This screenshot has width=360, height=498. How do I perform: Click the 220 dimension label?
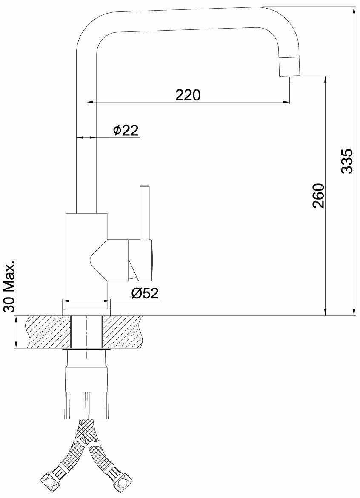[188, 94]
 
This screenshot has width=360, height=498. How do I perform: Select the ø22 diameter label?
[126, 130]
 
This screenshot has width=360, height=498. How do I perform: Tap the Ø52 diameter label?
[145, 293]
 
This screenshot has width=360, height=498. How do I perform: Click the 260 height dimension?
[318, 195]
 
